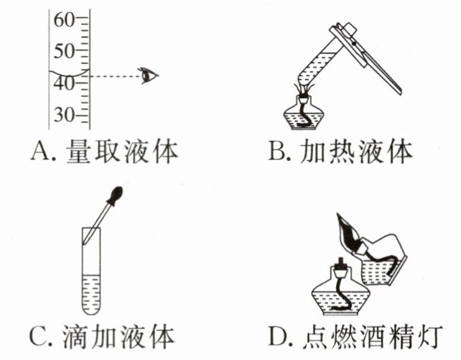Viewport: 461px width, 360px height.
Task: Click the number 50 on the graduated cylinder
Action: (63, 51)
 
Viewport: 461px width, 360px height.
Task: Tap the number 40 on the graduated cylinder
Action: (63, 83)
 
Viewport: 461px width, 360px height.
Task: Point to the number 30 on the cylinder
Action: (63, 114)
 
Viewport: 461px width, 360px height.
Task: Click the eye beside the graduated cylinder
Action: (149, 74)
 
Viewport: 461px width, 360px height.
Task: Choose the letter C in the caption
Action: (37, 335)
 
